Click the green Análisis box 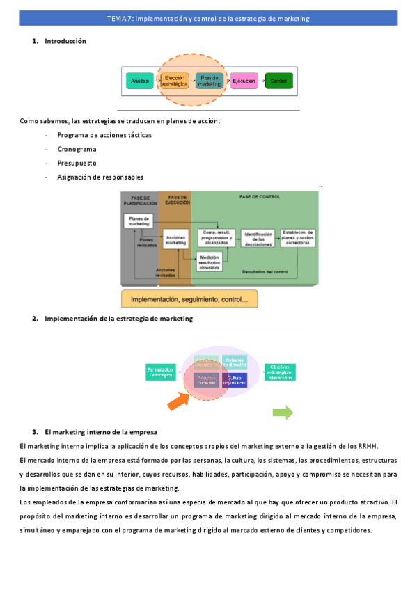[140, 81]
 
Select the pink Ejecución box [244, 81]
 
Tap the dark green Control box [278, 81]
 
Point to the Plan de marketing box [210, 81]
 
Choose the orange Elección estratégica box [175, 81]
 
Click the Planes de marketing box [139, 221]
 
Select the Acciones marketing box [176, 240]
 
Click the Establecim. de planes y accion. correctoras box [299, 237]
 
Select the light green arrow [282, 413]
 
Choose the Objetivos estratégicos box [280, 372]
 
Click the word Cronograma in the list [77, 149]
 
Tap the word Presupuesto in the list [77, 163]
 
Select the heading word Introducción [65, 41]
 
